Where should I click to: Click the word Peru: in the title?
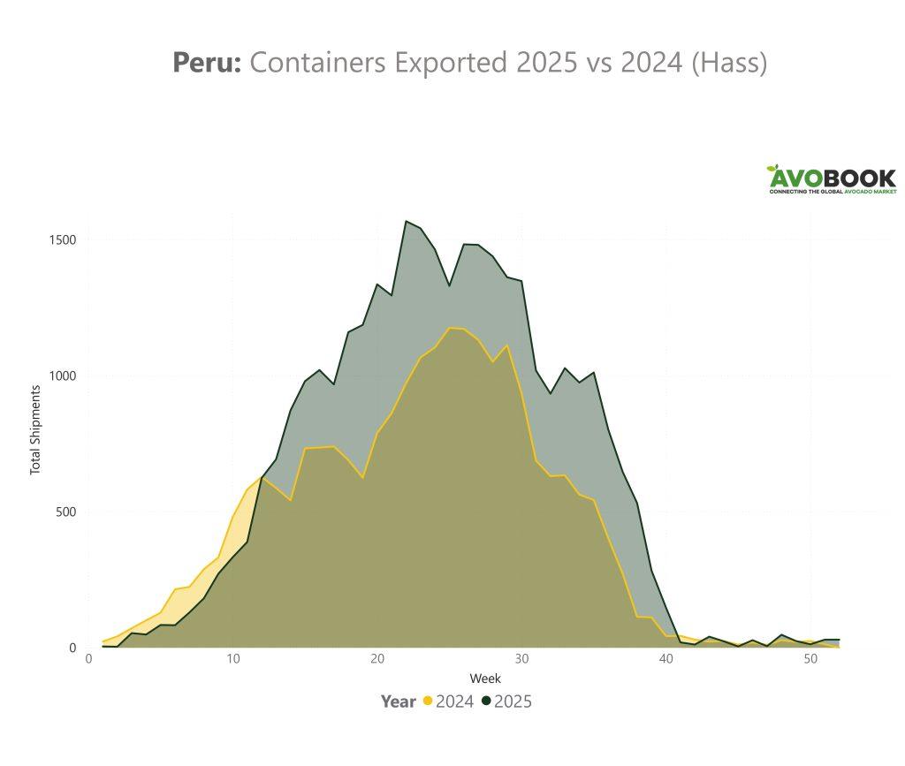[206, 63]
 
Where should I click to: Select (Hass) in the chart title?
[730, 63]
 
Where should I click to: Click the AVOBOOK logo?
[831, 179]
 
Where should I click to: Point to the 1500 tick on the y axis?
[62, 239]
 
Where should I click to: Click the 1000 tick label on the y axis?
[62, 375]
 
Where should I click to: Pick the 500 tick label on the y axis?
[66, 512]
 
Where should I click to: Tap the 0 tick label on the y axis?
[73, 648]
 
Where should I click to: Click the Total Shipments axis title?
[36, 429]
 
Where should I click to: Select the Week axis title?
[485, 679]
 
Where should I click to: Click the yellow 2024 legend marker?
[428, 702]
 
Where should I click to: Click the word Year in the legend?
[398, 702]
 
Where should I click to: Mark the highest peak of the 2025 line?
[407, 221]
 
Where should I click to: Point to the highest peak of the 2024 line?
[450, 328]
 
